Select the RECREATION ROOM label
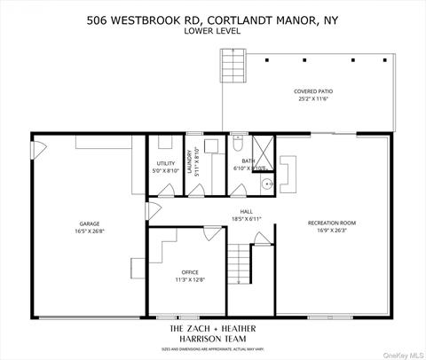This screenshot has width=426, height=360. pos(332,222)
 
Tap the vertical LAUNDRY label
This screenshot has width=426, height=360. pos(190,163)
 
